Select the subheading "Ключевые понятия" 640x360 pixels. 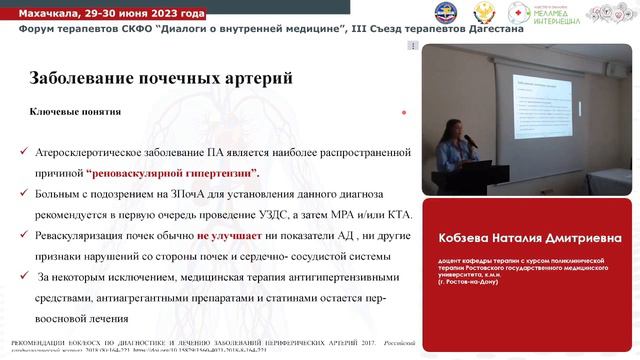tap(75, 112)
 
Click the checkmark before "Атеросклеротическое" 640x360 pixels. tap(23, 153)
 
